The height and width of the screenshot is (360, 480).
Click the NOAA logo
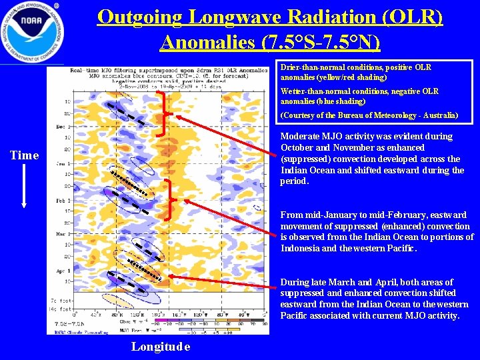[32, 32]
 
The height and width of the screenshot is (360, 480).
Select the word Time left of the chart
[25, 155]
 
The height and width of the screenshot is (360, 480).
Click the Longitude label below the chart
[161, 347]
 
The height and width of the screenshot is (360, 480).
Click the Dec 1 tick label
[61, 126]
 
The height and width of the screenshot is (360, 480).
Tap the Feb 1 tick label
[61, 199]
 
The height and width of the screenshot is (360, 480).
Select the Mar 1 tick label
[61, 234]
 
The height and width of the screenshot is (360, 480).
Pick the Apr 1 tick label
[61, 271]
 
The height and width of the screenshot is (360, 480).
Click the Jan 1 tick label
[61, 163]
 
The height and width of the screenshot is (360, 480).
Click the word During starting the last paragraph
[295, 282]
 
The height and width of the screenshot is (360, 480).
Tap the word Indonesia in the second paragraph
[303, 249]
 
